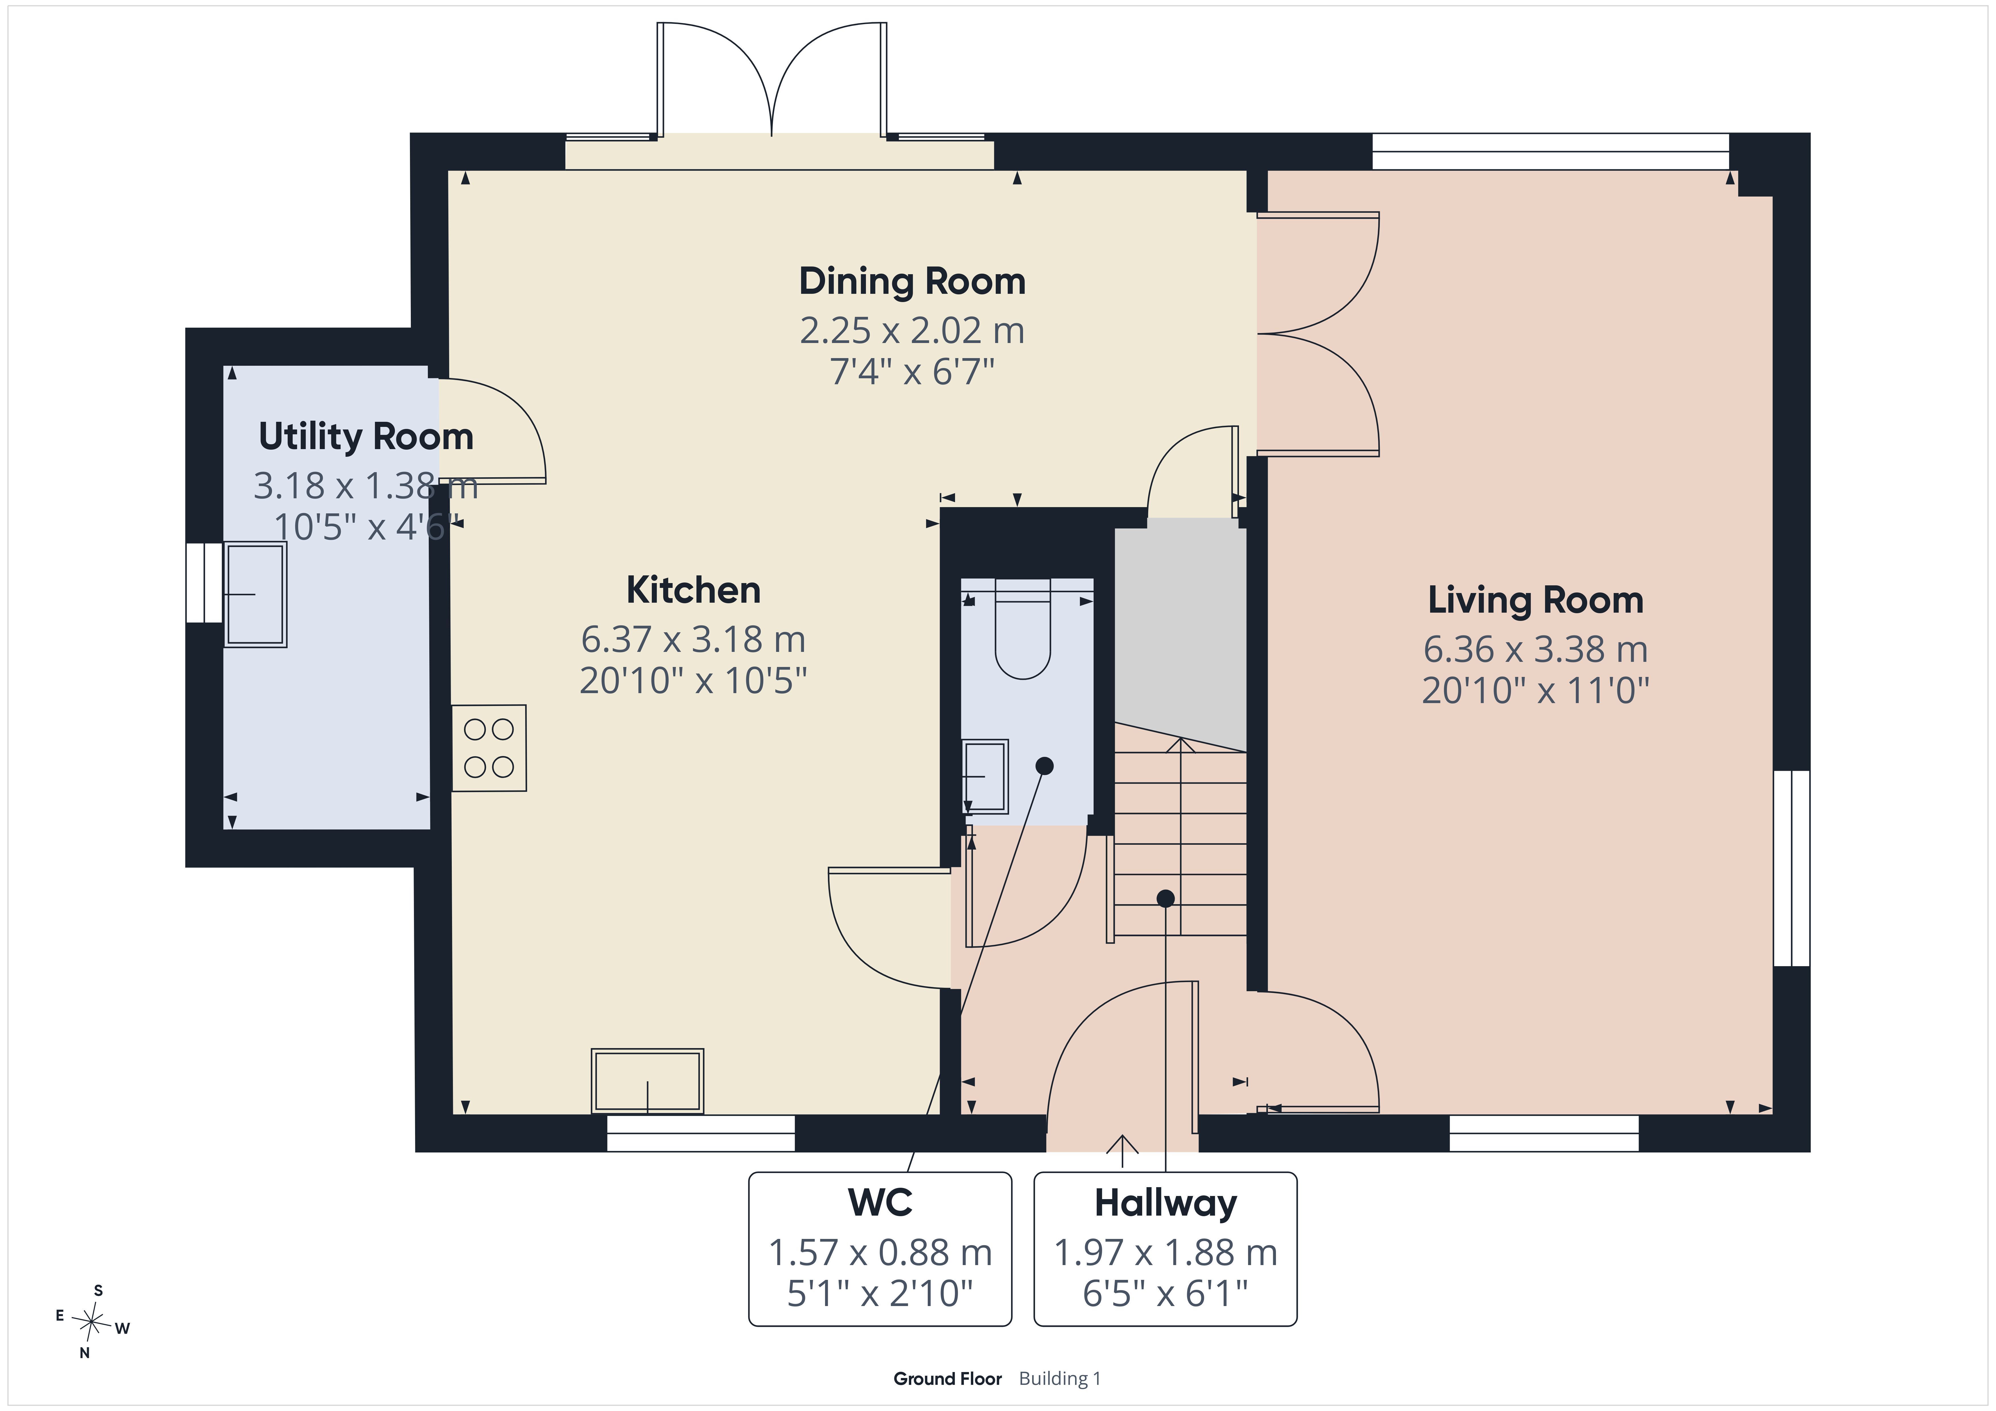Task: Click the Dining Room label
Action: [x=912, y=282]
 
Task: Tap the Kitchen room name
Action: [x=694, y=590]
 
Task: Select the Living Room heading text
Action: [x=1535, y=601]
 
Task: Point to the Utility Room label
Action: [x=366, y=436]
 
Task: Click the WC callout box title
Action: [x=880, y=1202]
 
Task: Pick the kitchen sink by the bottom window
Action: [x=648, y=1081]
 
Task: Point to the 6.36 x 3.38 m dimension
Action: [x=1535, y=649]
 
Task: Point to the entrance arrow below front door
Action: [x=1122, y=1150]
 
